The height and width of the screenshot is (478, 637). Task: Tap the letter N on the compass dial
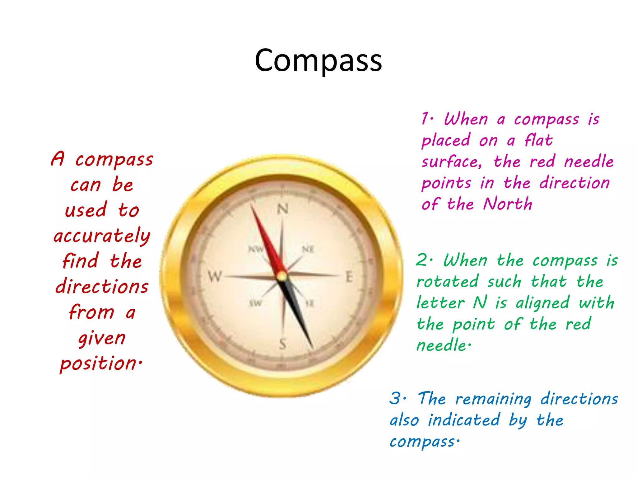pos(282,209)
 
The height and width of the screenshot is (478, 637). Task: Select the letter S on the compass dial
pos(282,344)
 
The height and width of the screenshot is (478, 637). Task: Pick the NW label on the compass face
pos(256,249)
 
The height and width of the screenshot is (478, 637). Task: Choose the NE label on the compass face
pos(308,249)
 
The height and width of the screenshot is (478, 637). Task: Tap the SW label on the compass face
pos(256,303)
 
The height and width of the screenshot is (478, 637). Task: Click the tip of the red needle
pos(251,204)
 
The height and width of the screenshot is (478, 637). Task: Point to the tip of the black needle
pos(312,348)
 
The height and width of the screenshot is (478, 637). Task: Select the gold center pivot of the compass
pos(282,276)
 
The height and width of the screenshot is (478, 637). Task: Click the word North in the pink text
pos(508,204)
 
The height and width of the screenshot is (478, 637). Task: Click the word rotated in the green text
pos(447,282)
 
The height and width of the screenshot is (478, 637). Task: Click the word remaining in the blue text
pos(493,399)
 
